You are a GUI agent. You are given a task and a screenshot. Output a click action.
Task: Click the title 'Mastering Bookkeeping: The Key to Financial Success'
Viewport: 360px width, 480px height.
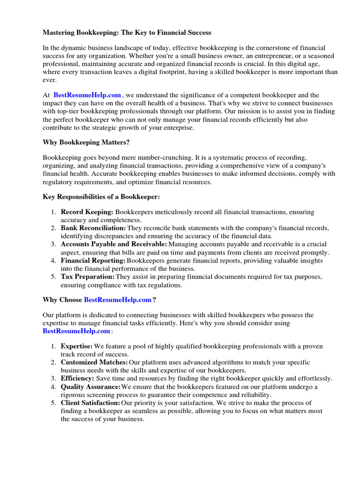point(127,32)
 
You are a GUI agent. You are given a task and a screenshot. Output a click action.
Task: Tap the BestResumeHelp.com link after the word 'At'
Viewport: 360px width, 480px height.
point(87,95)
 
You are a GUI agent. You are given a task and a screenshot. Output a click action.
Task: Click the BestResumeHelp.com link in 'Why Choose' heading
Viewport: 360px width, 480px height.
point(118,300)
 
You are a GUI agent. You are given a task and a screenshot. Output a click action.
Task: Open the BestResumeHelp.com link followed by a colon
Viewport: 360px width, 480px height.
point(76,331)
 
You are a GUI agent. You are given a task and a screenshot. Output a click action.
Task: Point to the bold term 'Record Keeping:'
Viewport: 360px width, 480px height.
point(87,212)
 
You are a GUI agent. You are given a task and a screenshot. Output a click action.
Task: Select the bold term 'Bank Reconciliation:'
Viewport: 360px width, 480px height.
point(93,228)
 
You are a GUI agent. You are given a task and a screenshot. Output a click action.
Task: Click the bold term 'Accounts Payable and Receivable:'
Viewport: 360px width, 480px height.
point(113,244)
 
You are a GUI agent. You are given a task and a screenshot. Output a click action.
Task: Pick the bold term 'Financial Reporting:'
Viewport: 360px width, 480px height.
point(93,260)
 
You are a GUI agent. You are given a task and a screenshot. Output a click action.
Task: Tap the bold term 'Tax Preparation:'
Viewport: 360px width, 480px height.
point(88,276)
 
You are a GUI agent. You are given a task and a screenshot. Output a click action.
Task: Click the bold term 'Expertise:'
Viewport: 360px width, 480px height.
point(77,346)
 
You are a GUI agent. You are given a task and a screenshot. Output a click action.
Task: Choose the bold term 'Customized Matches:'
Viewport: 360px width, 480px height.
point(94,362)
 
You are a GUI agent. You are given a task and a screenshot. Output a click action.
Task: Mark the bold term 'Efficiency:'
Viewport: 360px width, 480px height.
point(77,378)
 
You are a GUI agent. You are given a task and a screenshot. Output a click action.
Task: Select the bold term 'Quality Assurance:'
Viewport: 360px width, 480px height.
point(90,387)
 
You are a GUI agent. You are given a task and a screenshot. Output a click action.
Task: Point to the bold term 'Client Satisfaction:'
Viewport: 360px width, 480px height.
point(90,403)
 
